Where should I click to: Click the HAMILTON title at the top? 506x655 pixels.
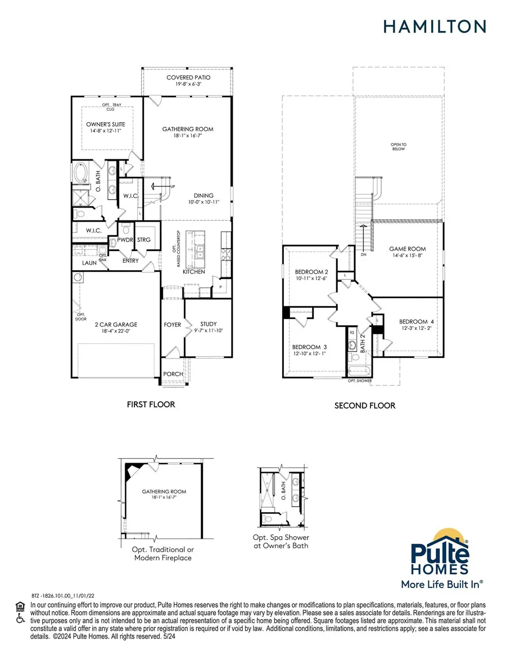(x=435, y=26)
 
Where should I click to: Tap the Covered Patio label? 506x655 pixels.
(x=187, y=78)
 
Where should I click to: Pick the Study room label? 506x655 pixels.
(x=208, y=324)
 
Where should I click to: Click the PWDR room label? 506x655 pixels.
(x=125, y=240)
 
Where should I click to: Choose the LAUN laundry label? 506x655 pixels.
(x=89, y=262)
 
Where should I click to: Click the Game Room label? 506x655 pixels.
(x=408, y=249)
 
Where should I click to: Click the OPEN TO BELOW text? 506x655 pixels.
(x=399, y=147)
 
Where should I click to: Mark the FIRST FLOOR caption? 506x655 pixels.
(x=150, y=404)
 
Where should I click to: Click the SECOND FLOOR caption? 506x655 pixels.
(x=365, y=405)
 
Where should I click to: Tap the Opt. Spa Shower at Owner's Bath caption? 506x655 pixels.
(x=281, y=541)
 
